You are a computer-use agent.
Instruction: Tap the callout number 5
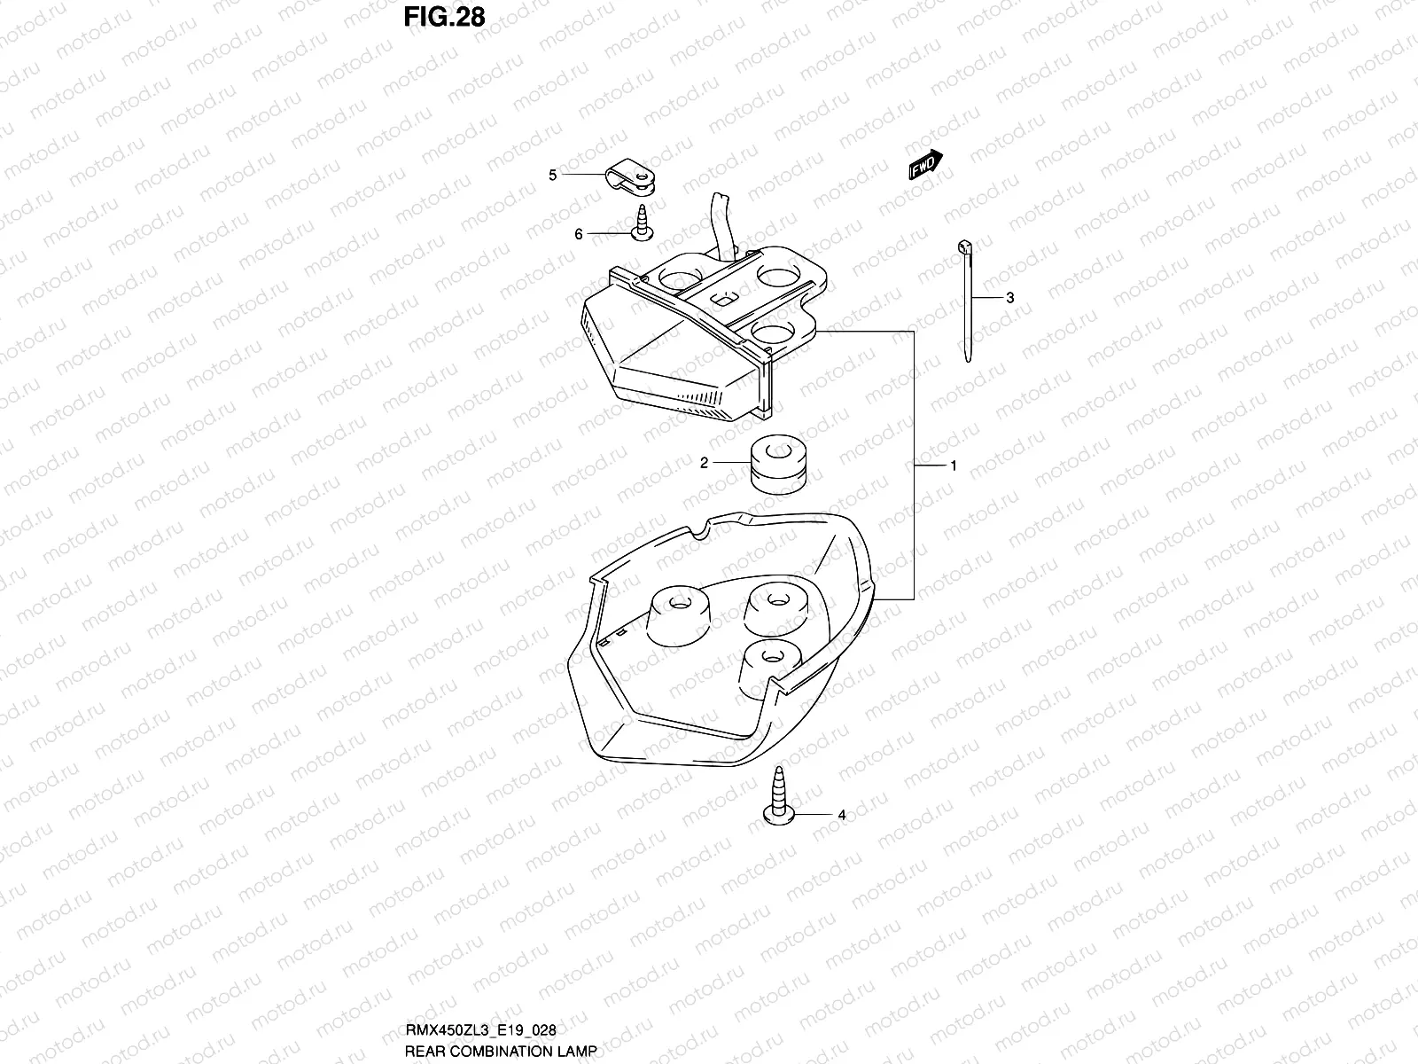[x=553, y=176]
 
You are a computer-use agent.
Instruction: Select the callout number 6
[x=579, y=234]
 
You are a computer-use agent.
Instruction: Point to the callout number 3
[x=1009, y=299]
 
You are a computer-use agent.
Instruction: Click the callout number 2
[x=705, y=463]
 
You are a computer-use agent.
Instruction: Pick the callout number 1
[x=954, y=465]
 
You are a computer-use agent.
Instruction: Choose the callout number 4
[x=841, y=815]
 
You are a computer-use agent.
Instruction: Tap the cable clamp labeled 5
[x=634, y=176]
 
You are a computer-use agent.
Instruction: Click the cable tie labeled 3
[x=966, y=301]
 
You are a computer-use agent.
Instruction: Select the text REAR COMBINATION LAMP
[x=500, y=1051]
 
